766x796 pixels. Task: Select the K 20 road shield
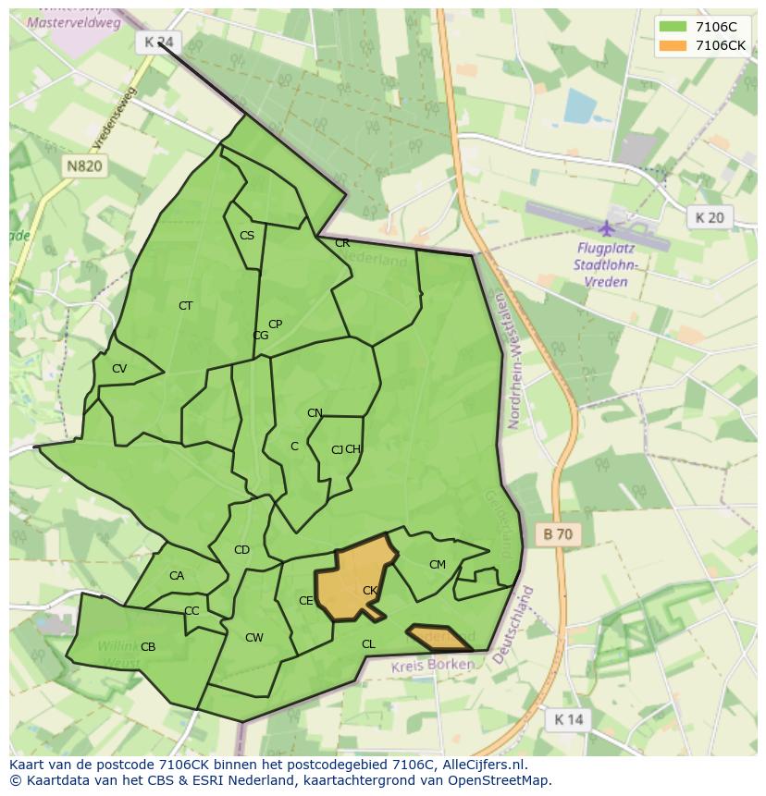[x=710, y=217]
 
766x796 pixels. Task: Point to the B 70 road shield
[x=558, y=533]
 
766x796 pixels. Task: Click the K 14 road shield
[x=568, y=719]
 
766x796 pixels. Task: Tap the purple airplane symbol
[x=607, y=227]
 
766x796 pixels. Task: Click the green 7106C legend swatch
[x=673, y=27]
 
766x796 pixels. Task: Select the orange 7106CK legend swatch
[x=673, y=45]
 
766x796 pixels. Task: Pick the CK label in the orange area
[x=370, y=590]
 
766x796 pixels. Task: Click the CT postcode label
[x=186, y=305]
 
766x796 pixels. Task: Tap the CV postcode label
[x=119, y=369]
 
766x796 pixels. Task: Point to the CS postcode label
[x=247, y=236]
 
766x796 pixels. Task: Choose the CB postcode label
[x=148, y=646]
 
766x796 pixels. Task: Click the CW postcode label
[x=254, y=637]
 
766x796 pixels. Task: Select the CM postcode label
[x=438, y=564]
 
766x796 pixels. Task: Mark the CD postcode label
[x=241, y=550]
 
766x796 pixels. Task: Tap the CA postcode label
[x=177, y=576]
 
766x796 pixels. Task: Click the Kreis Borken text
[x=433, y=666]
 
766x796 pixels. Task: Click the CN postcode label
[x=315, y=413]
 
